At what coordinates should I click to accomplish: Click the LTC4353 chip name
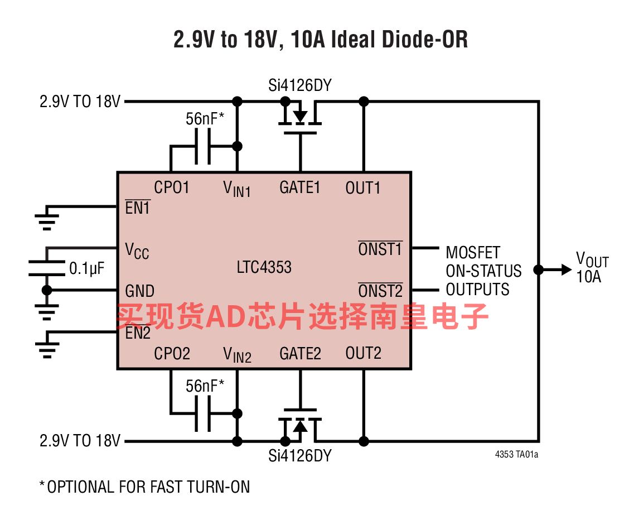tap(264, 267)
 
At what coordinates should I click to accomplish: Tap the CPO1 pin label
tap(171, 187)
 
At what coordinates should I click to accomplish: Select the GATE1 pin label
tap(299, 187)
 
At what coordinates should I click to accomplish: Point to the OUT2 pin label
tap(363, 353)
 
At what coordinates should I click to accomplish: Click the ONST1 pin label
tap(380, 248)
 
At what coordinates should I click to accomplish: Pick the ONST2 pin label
tap(380, 291)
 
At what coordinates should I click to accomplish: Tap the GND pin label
tap(139, 291)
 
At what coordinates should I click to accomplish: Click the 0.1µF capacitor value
tap(86, 268)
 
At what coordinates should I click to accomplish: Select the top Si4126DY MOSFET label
tap(299, 85)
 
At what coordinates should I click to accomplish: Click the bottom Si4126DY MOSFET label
tap(299, 456)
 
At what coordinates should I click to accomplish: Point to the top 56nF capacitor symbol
tap(203, 146)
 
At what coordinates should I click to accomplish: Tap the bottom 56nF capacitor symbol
tap(203, 413)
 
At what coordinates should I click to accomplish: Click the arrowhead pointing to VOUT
tap(566, 269)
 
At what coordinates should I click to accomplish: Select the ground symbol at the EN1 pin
tap(47, 218)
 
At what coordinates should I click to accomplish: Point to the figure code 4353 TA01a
tap(516, 455)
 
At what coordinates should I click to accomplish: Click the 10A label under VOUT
tap(588, 277)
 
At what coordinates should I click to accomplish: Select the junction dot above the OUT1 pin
tap(364, 102)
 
